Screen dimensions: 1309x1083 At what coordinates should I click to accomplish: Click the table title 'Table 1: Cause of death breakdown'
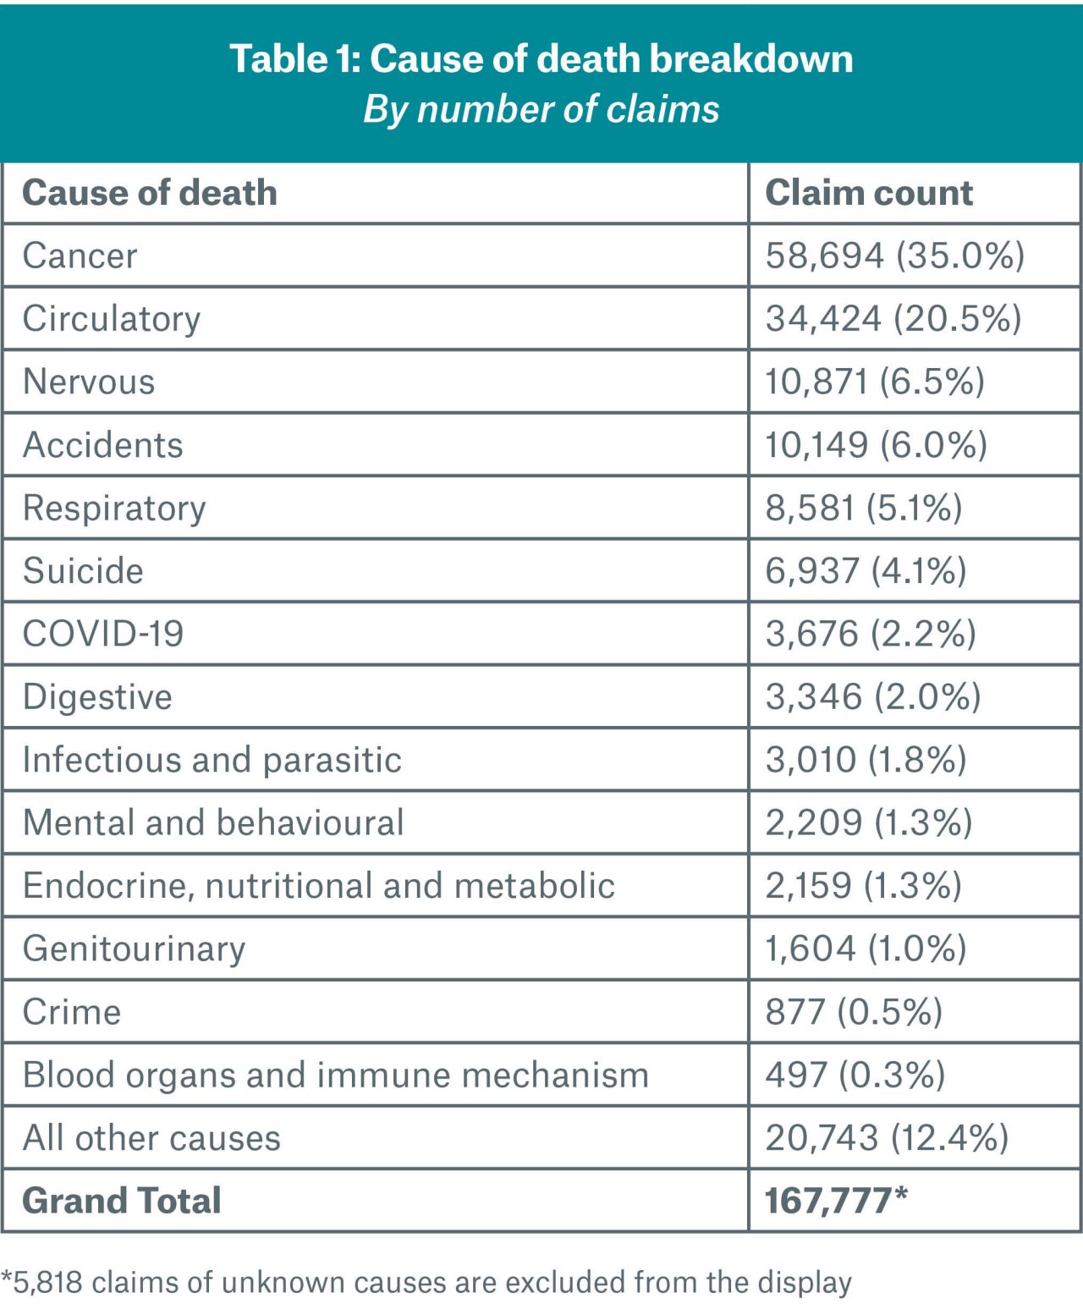[541, 59]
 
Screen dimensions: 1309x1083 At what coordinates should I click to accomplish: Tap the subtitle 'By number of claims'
[541, 110]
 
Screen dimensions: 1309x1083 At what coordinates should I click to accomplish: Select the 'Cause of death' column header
[150, 193]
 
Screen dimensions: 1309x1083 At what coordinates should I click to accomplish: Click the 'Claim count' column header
[869, 193]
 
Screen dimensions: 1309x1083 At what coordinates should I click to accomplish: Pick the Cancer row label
[80, 256]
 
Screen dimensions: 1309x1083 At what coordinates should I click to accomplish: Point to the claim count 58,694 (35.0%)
[895, 256]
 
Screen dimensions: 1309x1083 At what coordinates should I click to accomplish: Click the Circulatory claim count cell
[893, 319]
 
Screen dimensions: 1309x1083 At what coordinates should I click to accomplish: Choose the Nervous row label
[89, 382]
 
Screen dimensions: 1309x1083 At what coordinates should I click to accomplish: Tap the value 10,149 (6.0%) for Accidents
[876, 445]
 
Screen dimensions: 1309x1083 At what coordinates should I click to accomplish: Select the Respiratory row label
[114, 508]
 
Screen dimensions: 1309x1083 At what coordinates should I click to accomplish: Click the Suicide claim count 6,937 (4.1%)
[866, 571]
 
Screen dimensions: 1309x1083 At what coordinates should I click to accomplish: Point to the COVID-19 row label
[103, 634]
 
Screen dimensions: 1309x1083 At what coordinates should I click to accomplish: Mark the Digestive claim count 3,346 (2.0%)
[873, 697]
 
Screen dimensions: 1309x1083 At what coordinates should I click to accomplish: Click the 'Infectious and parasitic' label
[212, 760]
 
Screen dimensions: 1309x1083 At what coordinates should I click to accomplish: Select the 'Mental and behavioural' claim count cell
[869, 822]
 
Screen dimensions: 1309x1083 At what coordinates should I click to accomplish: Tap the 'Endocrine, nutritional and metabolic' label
[319, 886]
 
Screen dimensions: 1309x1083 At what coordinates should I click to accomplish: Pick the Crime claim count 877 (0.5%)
[854, 1012]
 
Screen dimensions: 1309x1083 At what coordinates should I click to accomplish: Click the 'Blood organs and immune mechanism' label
[336, 1075]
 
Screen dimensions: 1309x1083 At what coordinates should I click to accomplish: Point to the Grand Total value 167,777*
[836, 1201]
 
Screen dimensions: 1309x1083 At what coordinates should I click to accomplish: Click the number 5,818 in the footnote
[47, 1283]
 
